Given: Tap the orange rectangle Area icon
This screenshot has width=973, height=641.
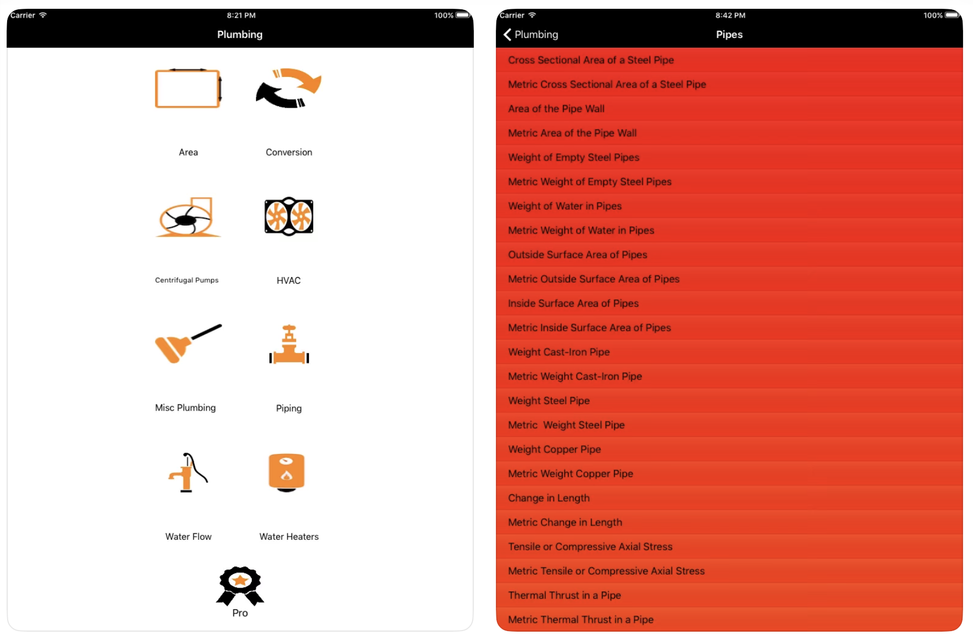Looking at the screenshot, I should click(x=188, y=88).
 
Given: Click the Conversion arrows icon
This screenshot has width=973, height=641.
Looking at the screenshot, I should click(x=289, y=88).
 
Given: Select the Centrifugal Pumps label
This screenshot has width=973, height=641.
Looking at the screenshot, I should click(x=187, y=280).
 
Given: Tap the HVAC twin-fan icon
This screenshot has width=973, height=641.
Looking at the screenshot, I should click(x=289, y=217).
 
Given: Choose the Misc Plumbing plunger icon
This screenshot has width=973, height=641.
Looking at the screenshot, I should click(x=187, y=344).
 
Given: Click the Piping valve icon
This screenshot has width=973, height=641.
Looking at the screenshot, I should click(x=289, y=345).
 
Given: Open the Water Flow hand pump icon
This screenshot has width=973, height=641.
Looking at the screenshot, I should click(x=187, y=472).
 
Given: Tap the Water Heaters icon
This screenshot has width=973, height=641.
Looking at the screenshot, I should click(x=286, y=472).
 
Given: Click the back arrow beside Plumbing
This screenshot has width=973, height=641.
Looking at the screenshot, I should click(x=507, y=35).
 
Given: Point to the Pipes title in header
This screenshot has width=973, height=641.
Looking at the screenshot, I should click(x=729, y=35).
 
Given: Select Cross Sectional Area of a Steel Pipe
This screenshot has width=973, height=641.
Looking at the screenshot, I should click(x=590, y=60).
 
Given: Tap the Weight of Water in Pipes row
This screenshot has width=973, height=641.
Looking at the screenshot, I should click(x=565, y=206).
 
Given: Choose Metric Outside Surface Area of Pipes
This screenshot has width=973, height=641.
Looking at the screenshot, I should click(x=593, y=279).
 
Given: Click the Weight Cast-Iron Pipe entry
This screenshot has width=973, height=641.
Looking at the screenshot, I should click(x=559, y=352).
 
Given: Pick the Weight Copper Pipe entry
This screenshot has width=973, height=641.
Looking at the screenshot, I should click(x=554, y=449).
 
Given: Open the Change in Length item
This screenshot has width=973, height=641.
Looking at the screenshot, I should click(x=549, y=498).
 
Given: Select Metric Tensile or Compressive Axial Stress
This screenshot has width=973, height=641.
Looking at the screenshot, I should click(x=606, y=571).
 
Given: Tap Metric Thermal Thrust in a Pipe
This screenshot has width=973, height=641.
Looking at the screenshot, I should click(x=581, y=620).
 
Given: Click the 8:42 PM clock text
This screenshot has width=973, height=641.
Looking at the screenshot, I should click(x=730, y=15).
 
